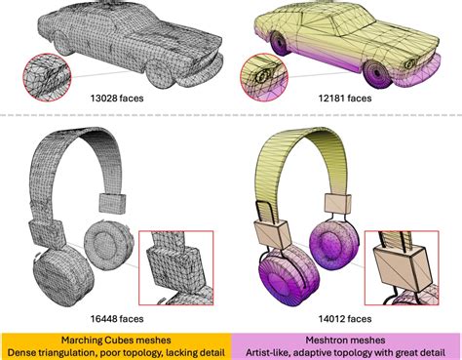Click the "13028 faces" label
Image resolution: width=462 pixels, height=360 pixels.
(116, 99)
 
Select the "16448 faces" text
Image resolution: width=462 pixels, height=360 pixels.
(116, 318)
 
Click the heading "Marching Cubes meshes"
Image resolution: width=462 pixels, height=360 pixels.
(116, 336)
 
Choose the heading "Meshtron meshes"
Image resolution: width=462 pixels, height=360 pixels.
(346, 336)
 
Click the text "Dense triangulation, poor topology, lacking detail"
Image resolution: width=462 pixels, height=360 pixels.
(116, 350)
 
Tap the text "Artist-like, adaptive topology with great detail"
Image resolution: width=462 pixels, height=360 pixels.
(346, 350)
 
